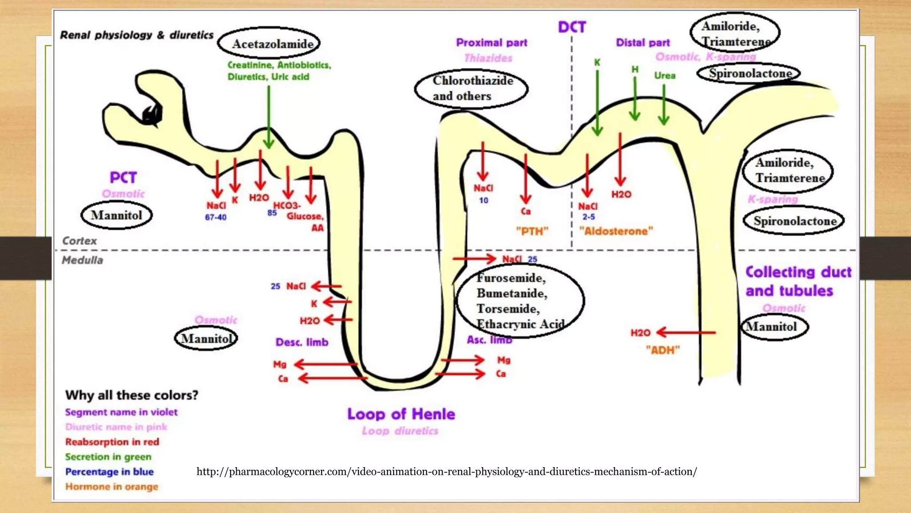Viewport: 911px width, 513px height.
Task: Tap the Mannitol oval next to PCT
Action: click(x=117, y=215)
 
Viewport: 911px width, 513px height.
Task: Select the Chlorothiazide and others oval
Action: click(x=471, y=89)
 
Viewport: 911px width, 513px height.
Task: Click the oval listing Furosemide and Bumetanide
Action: click(x=520, y=301)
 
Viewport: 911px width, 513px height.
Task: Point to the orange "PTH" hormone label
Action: click(x=532, y=231)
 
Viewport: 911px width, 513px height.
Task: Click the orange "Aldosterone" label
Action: click(x=616, y=231)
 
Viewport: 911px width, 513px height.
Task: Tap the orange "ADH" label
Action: click(x=663, y=350)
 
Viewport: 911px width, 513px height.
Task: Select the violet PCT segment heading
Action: click(x=123, y=178)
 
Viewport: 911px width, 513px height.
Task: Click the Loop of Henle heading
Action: click(x=401, y=414)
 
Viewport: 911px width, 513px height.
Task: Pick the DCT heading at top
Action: click(x=572, y=27)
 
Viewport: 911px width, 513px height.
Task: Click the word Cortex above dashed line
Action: click(x=80, y=241)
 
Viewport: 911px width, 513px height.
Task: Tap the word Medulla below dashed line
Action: click(x=82, y=261)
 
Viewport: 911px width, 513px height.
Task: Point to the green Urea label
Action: click(x=665, y=76)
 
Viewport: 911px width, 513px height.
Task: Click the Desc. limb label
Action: click(x=302, y=342)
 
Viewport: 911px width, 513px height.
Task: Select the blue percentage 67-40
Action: click(x=216, y=217)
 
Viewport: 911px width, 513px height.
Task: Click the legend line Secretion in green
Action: click(x=108, y=457)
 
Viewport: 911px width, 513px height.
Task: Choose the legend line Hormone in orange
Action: click(x=112, y=487)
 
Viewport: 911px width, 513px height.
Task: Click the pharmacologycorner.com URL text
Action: click(x=447, y=472)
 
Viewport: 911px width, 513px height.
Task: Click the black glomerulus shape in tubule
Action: click(x=151, y=115)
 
